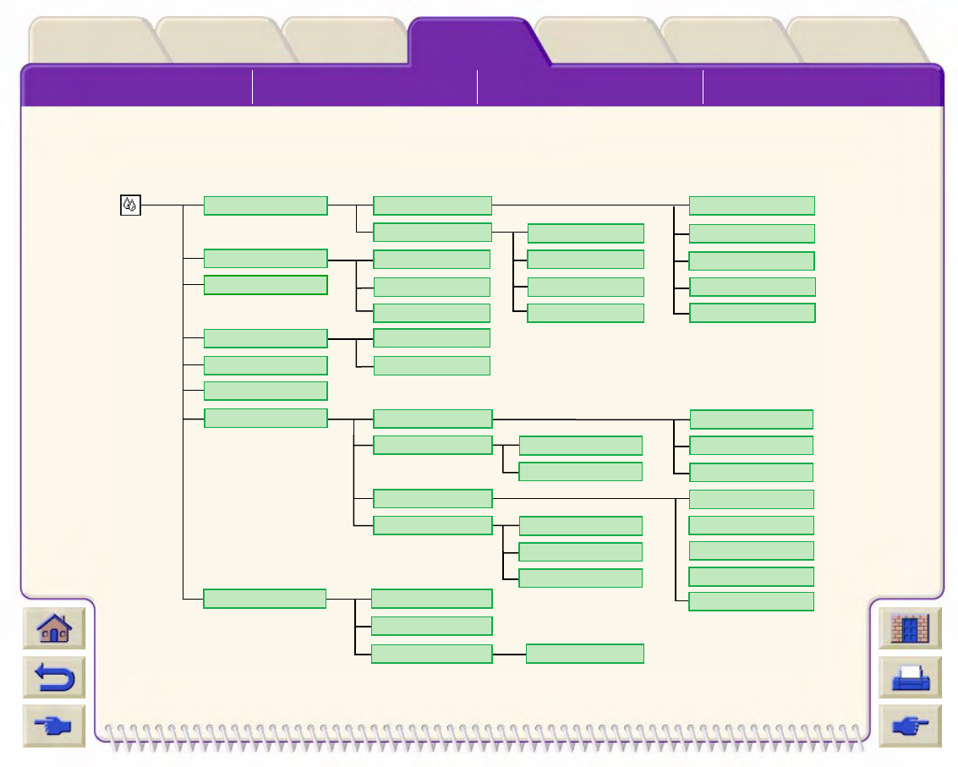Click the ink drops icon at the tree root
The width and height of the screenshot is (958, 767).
(x=130, y=205)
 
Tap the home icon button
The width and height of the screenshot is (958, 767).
(x=54, y=629)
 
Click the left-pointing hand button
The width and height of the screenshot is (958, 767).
(x=54, y=726)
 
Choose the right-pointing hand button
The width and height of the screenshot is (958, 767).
(x=910, y=726)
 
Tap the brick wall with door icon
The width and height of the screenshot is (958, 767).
(x=910, y=629)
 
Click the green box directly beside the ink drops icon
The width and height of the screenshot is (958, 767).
(x=265, y=205)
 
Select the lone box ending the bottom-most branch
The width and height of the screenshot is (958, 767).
(x=584, y=654)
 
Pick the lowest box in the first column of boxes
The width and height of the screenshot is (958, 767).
(x=265, y=599)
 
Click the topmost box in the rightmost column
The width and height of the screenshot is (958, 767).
(x=752, y=205)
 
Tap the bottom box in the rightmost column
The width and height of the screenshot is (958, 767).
(x=752, y=601)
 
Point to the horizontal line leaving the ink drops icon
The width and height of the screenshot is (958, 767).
(x=161, y=205)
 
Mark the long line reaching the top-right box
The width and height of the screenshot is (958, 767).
(x=583, y=205)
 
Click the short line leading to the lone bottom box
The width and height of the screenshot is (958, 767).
(x=509, y=654)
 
